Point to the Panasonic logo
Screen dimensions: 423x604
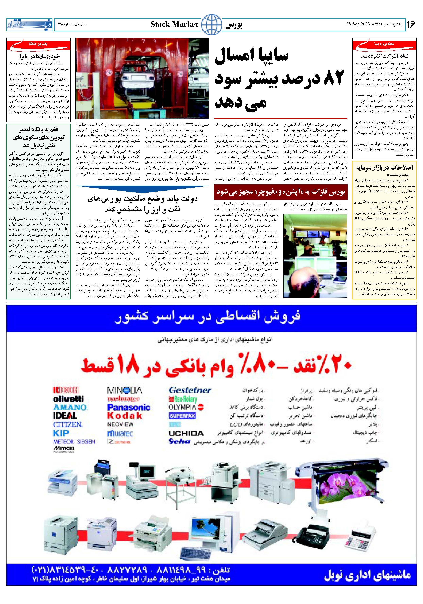129,407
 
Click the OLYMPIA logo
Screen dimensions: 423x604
186,407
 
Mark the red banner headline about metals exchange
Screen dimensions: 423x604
281,192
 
